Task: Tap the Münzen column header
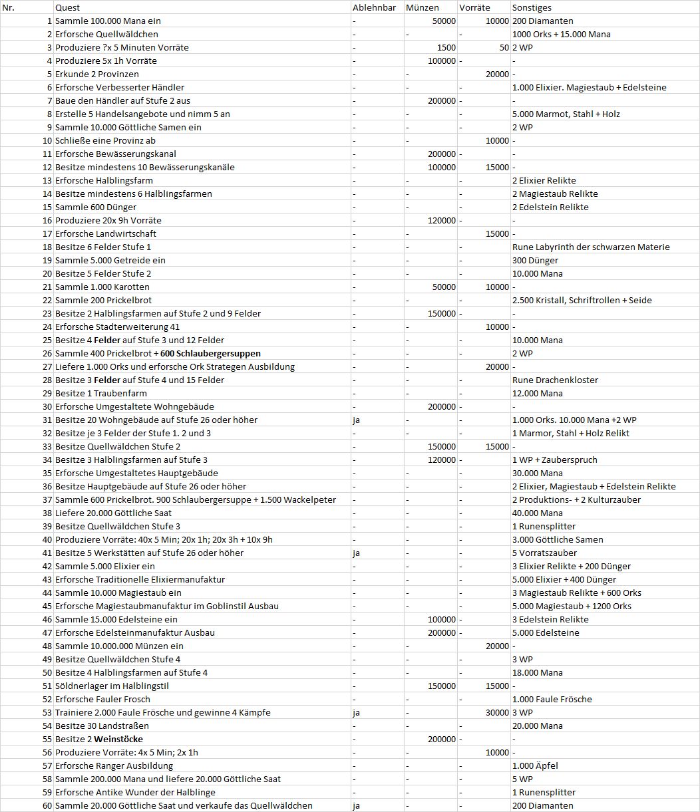pyautogui.click(x=422, y=7)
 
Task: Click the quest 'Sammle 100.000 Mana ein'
pyautogui.click(x=108, y=21)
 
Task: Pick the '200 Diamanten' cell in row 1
pyautogui.click(x=534, y=21)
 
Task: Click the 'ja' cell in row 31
pyautogui.click(x=357, y=420)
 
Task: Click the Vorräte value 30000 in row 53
pyautogui.click(x=498, y=712)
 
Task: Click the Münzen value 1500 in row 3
pyautogui.click(x=446, y=47)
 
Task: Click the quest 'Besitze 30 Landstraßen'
pyautogui.click(x=102, y=726)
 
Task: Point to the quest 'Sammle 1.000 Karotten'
pyautogui.click(x=102, y=287)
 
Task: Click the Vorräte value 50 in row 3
pyautogui.click(x=504, y=47)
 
